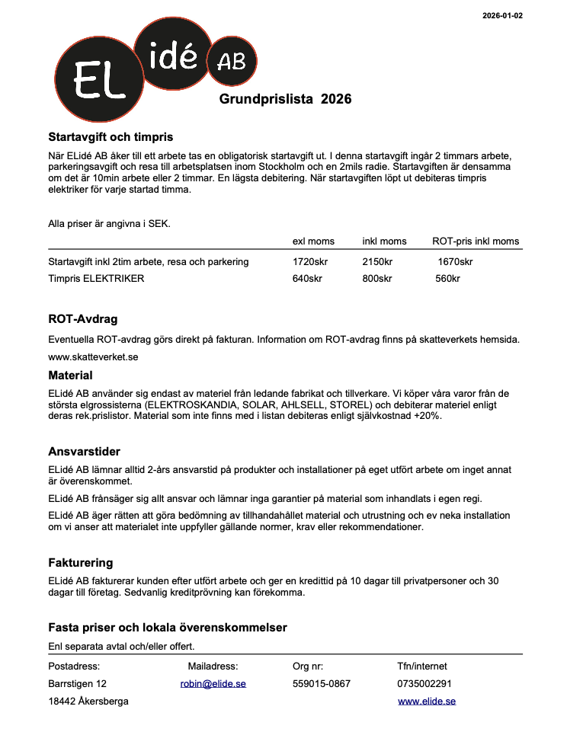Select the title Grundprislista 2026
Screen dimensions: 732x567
coord(285,99)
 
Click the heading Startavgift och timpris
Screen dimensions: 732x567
coord(111,137)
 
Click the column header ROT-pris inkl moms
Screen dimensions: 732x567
coord(476,241)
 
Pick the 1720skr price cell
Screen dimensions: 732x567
coord(309,262)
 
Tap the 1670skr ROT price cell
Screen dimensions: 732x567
coord(455,262)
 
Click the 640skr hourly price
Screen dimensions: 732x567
coord(307,279)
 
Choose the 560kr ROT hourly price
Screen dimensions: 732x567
coord(447,279)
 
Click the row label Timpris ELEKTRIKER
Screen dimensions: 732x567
coord(96,279)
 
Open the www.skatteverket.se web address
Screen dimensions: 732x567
coord(93,356)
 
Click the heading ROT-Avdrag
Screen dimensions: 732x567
coord(82,319)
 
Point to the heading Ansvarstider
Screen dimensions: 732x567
coord(84,452)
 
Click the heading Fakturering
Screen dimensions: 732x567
coord(80,563)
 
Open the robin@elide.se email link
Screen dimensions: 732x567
coord(213,684)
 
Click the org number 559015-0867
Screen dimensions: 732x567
coord(322,684)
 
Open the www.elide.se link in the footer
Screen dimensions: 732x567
coord(427,702)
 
